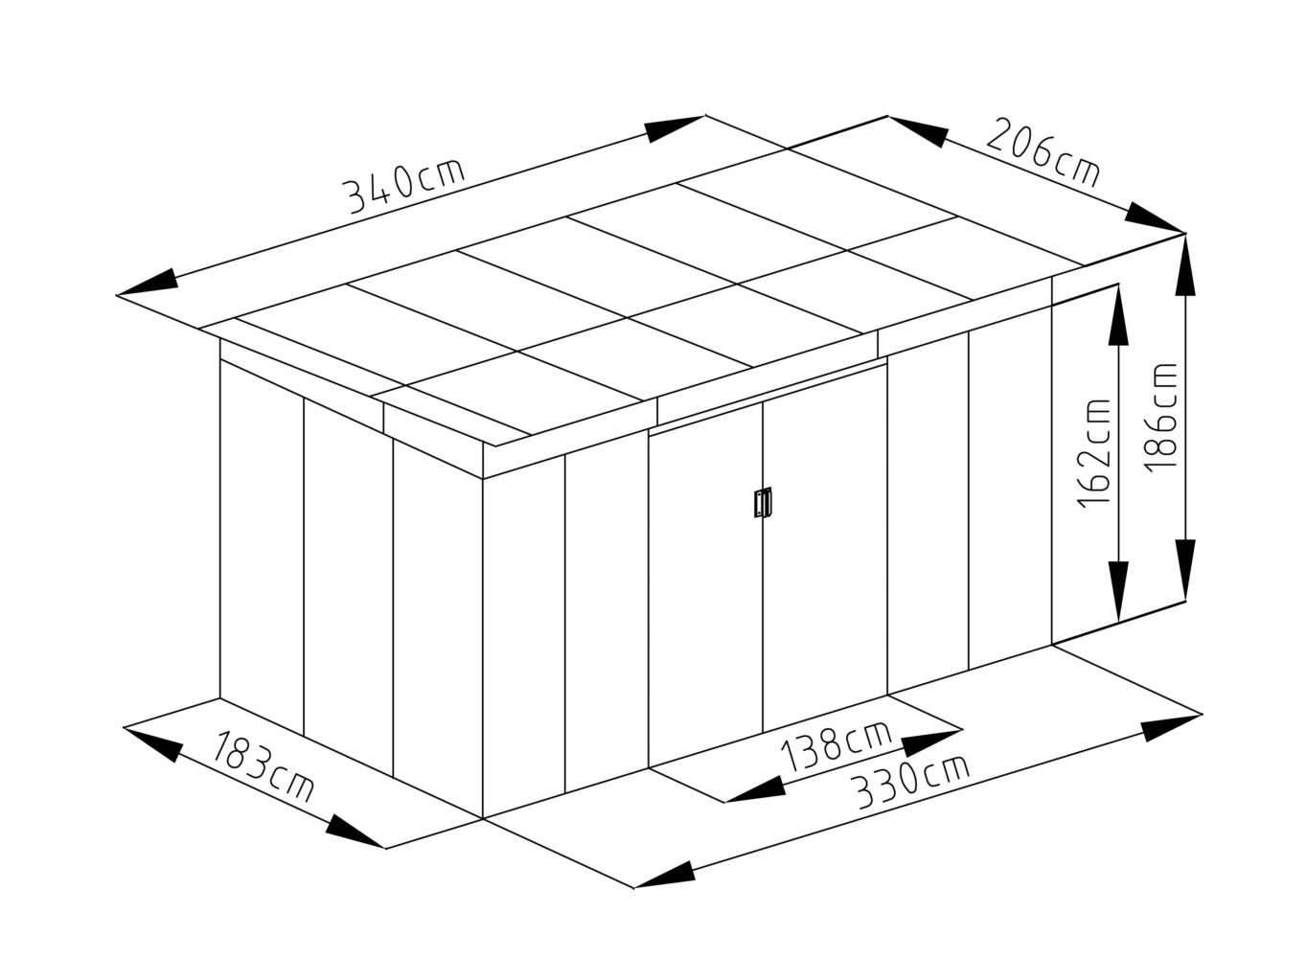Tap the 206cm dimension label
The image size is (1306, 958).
tap(1043, 151)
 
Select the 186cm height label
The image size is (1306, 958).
tap(1160, 418)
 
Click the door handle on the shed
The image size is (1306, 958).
tap(763, 502)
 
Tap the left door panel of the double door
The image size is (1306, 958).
tap(705, 583)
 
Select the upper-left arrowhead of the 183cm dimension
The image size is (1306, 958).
tap(154, 743)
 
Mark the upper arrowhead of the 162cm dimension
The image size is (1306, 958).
tap(1118, 315)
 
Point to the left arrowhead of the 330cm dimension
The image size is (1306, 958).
tap(665, 875)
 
